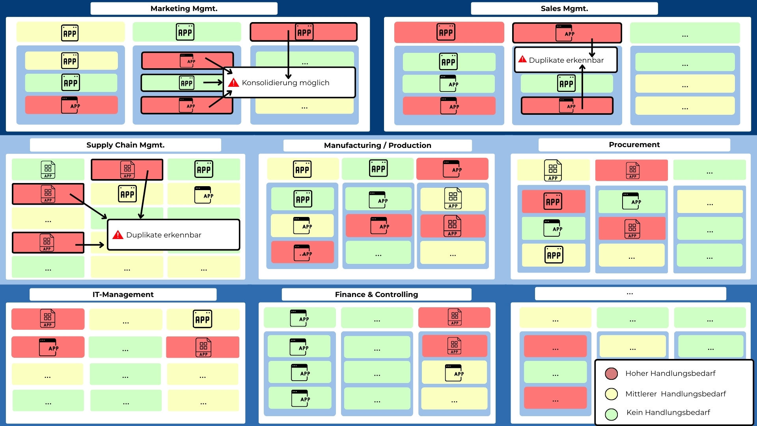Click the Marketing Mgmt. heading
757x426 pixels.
pyautogui.click(x=184, y=9)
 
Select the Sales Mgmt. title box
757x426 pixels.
pyautogui.click(x=564, y=9)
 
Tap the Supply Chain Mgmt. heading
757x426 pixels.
pyautogui.click(x=125, y=145)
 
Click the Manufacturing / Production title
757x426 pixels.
pyautogui.click(x=377, y=146)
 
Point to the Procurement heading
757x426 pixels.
pyautogui.click(x=634, y=145)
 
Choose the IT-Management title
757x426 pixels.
pyautogui.click(x=123, y=295)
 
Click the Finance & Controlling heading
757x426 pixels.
pyautogui.click(x=376, y=295)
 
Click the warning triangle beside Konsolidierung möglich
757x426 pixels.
pyautogui.click(x=233, y=82)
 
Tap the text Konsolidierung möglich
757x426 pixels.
pyautogui.click(x=285, y=83)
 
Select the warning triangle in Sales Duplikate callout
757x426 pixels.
pyautogui.click(x=522, y=59)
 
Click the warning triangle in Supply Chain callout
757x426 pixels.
pyautogui.click(x=117, y=235)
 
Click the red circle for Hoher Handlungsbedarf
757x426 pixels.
pyautogui.click(x=611, y=374)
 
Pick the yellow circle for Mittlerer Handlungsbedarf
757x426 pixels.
pyautogui.click(x=611, y=394)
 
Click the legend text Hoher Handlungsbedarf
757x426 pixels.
pyautogui.click(x=670, y=374)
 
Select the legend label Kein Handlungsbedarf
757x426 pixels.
pyautogui.click(x=668, y=413)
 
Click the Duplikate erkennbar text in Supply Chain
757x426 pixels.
pyautogui.click(x=164, y=235)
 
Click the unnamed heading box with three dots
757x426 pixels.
pyautogui.click(x=630, y=294)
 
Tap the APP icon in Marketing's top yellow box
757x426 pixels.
pyautogui.click(x=70, y=33)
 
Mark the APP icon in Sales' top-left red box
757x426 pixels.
pyautogui.click(x=446, y=32)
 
